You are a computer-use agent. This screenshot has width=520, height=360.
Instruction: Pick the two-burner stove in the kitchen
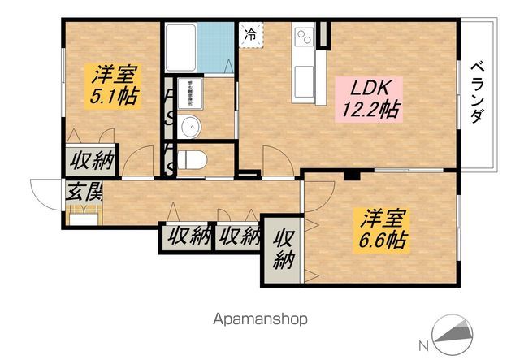click(x=305, y=37)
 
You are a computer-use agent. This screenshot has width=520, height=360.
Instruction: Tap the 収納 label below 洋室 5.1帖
click(x=89, y=160)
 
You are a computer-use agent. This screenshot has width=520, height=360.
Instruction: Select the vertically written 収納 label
click(x=283, y=249)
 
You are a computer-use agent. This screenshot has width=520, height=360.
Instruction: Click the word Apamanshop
click(x=262, y=319)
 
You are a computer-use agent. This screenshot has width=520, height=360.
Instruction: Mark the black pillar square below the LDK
click(x=352, y=175)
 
